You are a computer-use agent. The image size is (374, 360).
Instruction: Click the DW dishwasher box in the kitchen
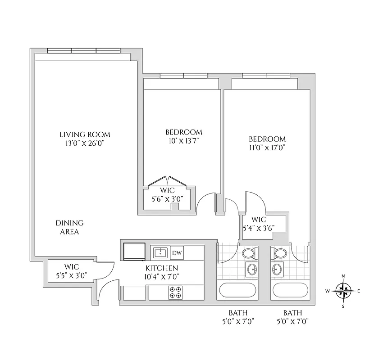177,252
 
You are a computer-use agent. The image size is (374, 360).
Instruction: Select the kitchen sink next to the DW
160,252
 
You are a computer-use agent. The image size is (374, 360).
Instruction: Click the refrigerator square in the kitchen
134,252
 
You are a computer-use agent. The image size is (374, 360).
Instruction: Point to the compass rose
343,291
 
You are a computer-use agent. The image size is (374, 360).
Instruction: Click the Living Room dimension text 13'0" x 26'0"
85,144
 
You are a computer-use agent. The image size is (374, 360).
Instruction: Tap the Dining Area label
69,227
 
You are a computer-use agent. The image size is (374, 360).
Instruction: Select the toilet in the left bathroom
248,254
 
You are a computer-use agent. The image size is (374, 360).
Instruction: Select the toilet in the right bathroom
279,254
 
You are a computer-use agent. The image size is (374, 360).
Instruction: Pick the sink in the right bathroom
277,270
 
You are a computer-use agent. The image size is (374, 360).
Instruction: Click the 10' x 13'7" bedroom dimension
183,140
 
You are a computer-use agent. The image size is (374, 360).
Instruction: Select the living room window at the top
84,51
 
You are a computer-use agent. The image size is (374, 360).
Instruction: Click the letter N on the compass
343,276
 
